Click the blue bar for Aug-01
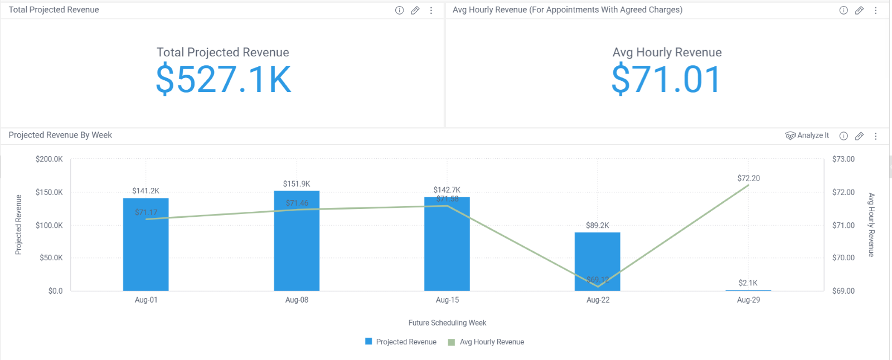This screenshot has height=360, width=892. [146, 251]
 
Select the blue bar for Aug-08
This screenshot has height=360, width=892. [297, 245]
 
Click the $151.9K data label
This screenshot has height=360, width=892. [297, 184]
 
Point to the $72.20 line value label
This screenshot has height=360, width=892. [748, 178]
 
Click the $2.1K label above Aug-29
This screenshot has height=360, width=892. [748, 283]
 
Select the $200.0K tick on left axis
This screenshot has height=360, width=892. [49, 159]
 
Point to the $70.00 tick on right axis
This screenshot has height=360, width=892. [843, 258]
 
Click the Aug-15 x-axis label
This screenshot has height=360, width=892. [447, 300]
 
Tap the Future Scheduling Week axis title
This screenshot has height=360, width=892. [447, 323]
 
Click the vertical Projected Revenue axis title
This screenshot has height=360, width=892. [18, 225]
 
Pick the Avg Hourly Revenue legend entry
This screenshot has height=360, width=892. [486, 342]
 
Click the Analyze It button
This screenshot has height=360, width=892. [807, 135]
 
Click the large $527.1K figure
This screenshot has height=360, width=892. [223, 80]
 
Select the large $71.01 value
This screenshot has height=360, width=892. [666, 80]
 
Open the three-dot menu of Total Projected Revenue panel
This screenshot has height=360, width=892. [431, 11]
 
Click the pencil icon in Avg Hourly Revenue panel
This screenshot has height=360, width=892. [859, 11]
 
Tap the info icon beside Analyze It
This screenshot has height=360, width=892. [843, 136]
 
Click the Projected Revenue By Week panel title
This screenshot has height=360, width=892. [60, 135]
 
